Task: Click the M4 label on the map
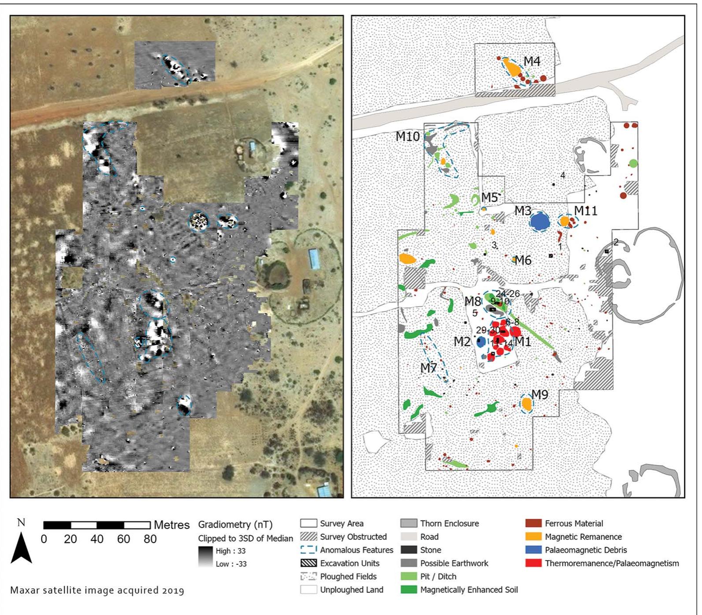[532, 61]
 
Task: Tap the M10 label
[407, 136]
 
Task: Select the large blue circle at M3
[539, 221]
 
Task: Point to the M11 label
[586, 211]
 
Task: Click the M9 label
[540, 394]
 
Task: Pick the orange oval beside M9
[526, 404]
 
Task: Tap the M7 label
[428, 367]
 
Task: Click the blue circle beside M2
[481, 342]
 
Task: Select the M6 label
[523, 260]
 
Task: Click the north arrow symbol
[21, 547]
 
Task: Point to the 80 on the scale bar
[150, 539]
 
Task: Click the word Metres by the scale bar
[172, 525]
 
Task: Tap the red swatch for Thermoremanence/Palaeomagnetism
[534, 563]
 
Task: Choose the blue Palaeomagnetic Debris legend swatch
[534, 550]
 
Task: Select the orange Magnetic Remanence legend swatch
[534, 537]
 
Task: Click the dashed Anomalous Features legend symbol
[309, 550]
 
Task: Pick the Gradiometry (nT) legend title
[235, 525]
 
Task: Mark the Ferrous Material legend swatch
[534, 524]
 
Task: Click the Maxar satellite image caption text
[97, 590]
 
